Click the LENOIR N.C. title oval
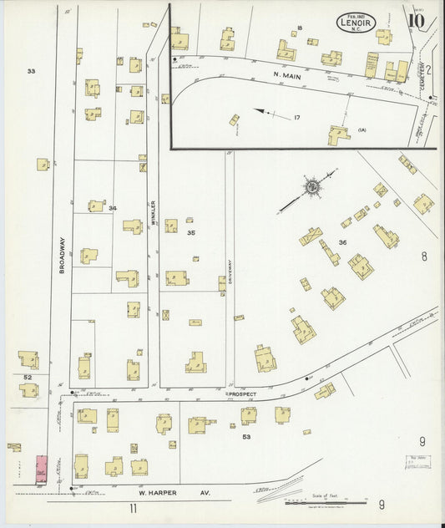click(x=357, y=22)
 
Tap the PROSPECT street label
click(x=242, y=393)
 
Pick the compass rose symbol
click(x=312, y=187)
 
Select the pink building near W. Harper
click(x=41, y=468)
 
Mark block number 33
click(x=31, y=71)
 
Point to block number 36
click(x=341, y=242)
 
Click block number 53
click(x=246, y=436)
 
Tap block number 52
click(x=28, y=378)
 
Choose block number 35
click(x=190, y=232)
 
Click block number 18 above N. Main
click(x=299, y=29)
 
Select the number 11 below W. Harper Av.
click(x=133, y=507)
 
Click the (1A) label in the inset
click(x=362, y=129)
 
